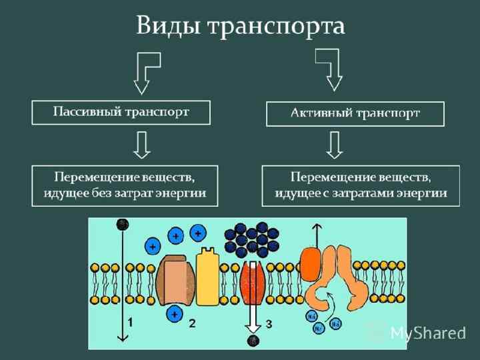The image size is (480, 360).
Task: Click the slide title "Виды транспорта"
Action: pyautogui.click(x=240, y=26)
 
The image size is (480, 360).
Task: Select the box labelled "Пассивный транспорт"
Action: pyautogui.click(x=121, y=112)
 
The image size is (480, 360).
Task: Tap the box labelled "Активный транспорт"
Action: pyautogui.click(x=355, y=113)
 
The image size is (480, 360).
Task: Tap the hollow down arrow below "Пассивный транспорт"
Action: pyautogui.click(x=141, y=143)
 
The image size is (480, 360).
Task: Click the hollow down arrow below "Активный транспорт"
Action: pyautogui.click(x=335, y=144)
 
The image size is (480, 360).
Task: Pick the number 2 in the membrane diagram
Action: pyautogui.click(x=192, y=323)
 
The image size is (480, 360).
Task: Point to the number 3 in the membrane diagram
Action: pyautogui.click(x=269, y=324)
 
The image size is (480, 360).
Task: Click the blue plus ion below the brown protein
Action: pyautogui.click(x=175, y=313)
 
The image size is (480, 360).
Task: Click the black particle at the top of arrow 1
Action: pyautogui.click(x=122, y=223)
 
